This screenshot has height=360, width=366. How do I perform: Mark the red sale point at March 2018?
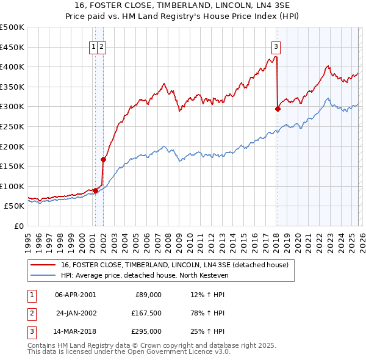click(278, 109)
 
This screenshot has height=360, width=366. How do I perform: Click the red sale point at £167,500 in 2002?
click(104, 160)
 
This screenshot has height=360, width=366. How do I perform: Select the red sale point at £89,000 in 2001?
click(95, 191)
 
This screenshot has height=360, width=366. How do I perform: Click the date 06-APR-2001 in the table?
click(75, 295)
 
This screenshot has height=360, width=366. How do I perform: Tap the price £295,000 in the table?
click(147, 331)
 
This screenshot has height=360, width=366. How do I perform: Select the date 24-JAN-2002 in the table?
click(75, 313)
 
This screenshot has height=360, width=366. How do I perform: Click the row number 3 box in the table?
click(30, 331)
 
